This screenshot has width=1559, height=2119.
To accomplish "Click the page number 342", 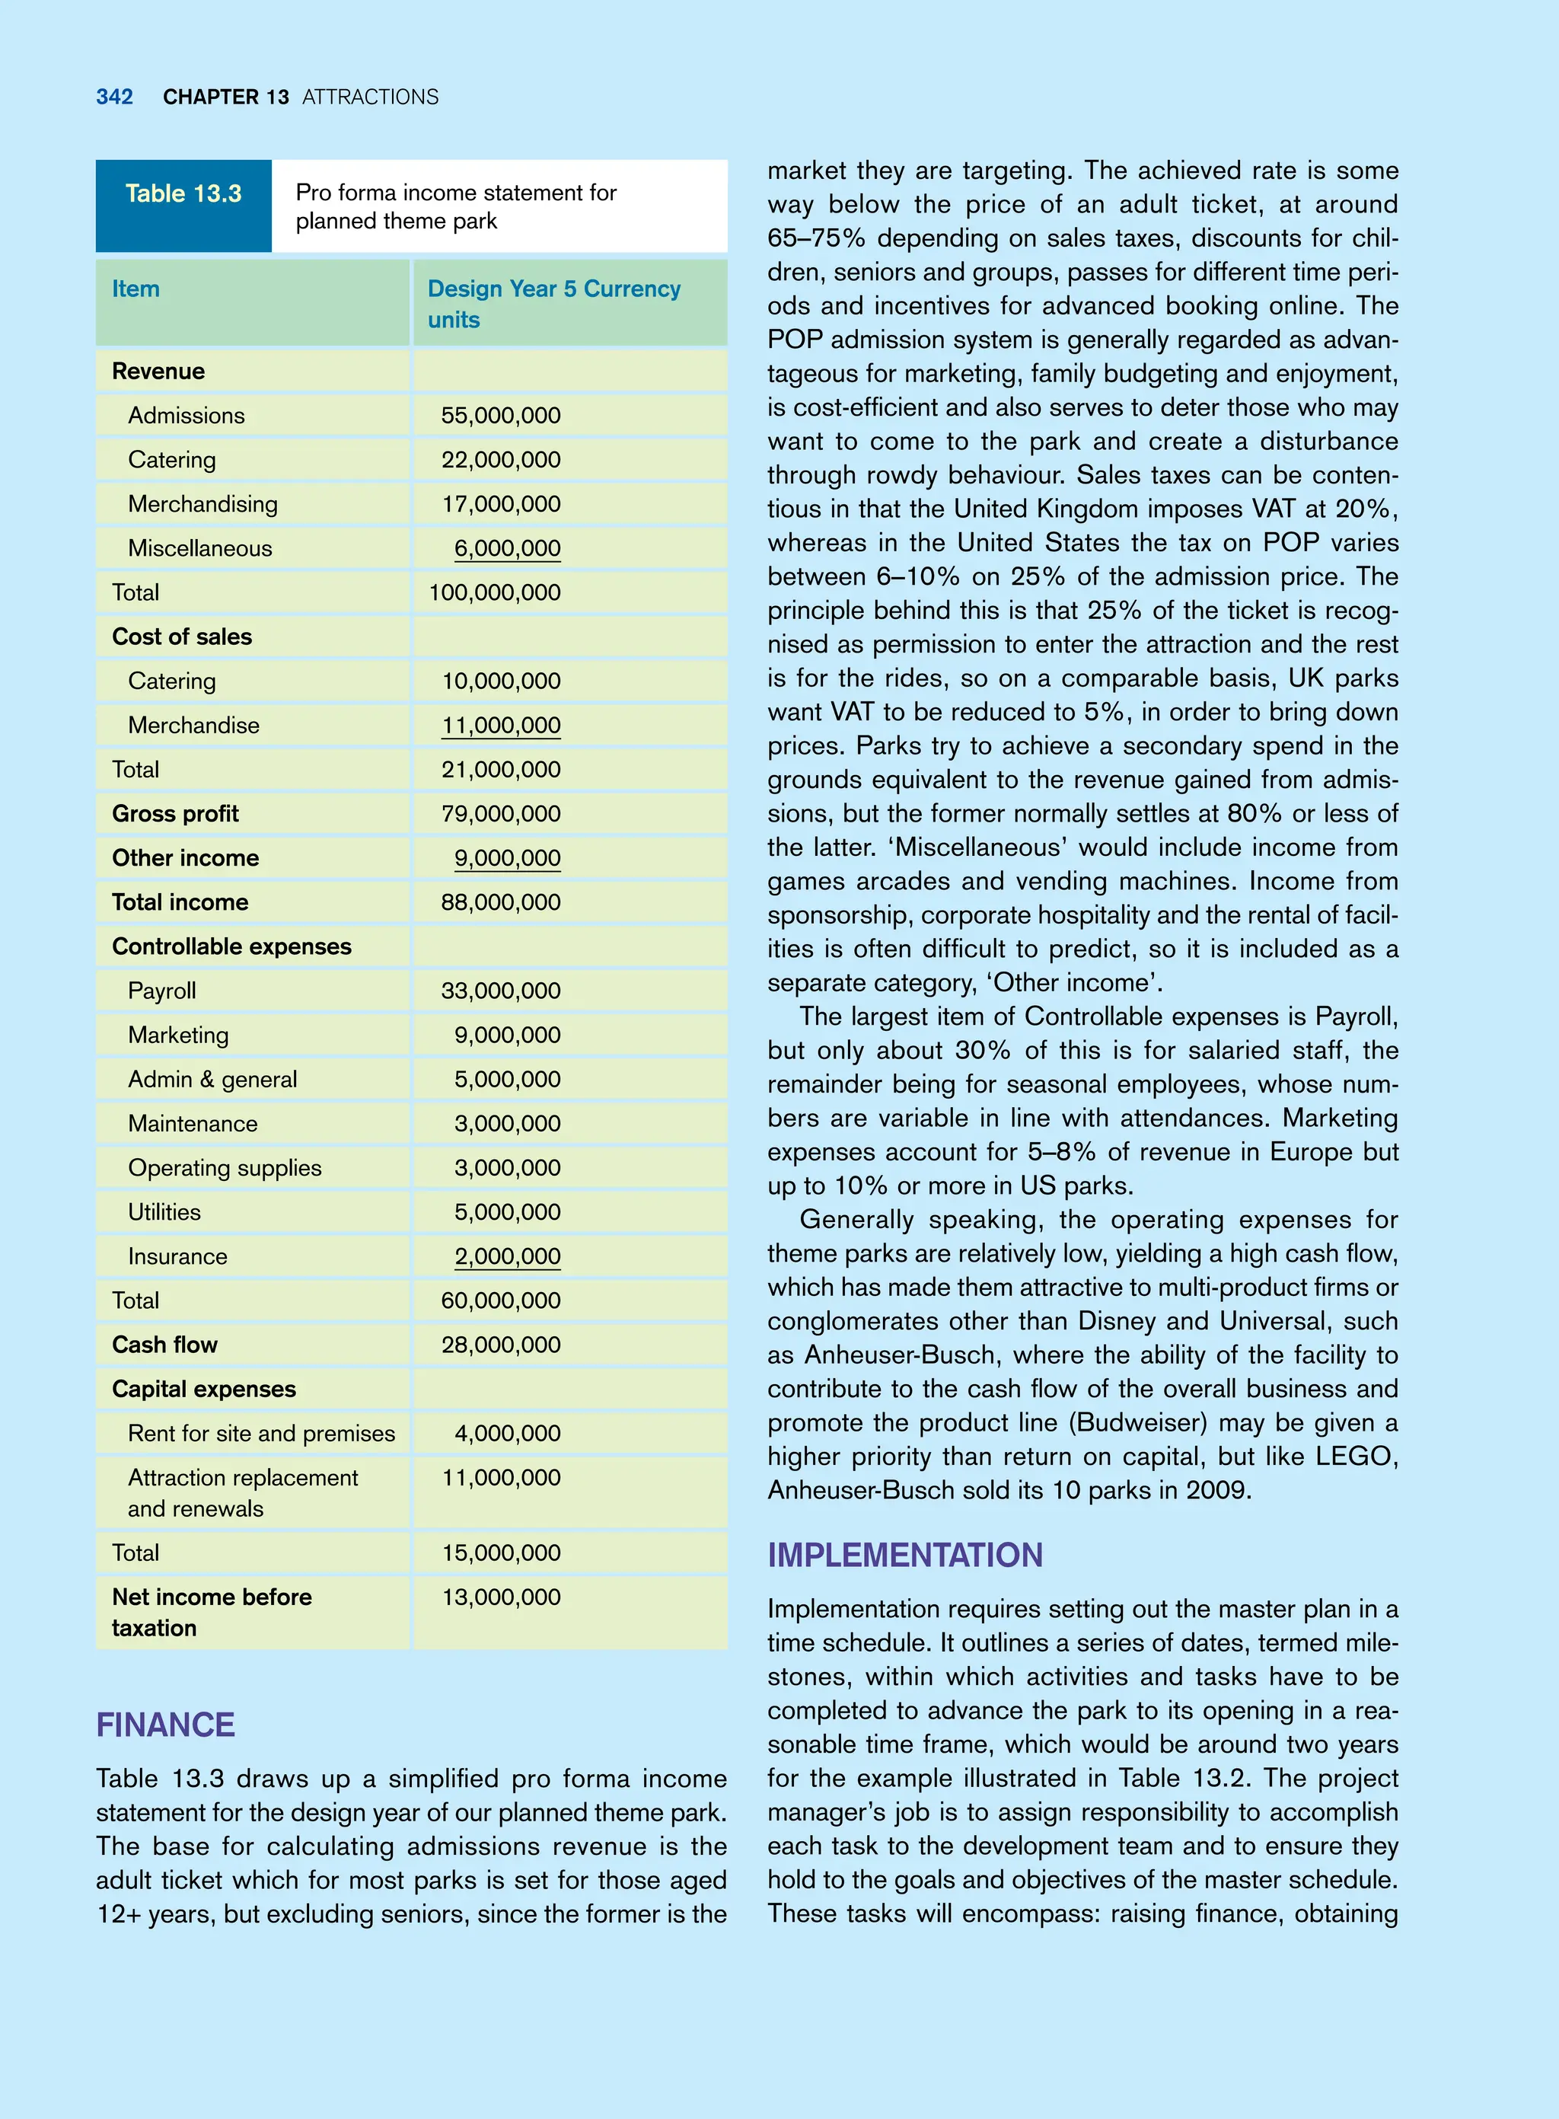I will tap(114, 97).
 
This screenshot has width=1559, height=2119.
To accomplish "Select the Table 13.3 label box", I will tap(183, 205).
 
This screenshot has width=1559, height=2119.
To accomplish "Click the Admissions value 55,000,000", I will tap(500, 415).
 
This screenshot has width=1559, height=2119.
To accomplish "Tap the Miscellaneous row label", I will tap(199, 548).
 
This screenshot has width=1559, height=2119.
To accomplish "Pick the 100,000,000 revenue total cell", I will tap(495, 592).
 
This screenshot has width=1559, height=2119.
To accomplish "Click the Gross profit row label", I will tap(174, 814).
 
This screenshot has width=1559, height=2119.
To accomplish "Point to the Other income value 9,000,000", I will tap(507, 858).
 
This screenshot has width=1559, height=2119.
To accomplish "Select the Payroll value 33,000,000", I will tap(500, 991).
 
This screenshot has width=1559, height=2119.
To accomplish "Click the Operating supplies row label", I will tap(225, 1167).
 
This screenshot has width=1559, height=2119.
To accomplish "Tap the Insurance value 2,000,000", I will tap(507, 1256).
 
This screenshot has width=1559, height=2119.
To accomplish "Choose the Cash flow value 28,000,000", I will tap(500, 1345).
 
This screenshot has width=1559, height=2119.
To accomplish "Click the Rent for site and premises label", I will tap(261, 1433).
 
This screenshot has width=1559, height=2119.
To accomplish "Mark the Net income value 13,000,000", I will tap(500, 1597).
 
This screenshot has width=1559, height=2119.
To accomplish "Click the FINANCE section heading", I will tap(165, 1725).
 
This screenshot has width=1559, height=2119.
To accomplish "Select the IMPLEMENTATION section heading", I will tap(904, 1556).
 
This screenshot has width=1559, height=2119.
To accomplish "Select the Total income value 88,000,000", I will tap(500, 902).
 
